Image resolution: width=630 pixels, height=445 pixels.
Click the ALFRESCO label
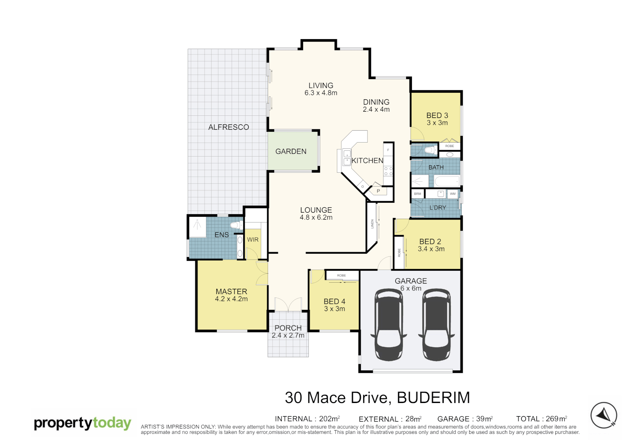tap(228, 127)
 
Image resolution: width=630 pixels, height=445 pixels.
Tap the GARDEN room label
tap(291, 152)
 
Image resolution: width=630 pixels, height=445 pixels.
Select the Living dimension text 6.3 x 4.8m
tap(321, 93)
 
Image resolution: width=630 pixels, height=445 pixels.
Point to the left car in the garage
tap(388, 324)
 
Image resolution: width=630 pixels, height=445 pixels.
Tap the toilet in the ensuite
tap(236, 225)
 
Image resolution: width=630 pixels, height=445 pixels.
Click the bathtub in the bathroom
tap(447, 181)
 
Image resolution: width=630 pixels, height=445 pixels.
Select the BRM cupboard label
tap(418, 194)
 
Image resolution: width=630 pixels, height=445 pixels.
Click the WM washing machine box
tap(453, 194)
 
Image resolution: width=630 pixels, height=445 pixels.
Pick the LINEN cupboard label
tap(372, 224)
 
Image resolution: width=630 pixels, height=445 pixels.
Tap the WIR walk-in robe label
tap(253, 240)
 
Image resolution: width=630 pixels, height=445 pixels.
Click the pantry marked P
tap(378, 191)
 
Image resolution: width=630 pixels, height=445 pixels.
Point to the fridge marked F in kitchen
tap(388, 150)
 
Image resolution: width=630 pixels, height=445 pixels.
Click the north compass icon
tap(604, 415)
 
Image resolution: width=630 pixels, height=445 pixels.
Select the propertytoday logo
tap(82, 423)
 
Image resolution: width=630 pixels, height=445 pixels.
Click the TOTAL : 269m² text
tap(541, 419)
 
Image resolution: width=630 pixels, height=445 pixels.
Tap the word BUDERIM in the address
tap(433, 398)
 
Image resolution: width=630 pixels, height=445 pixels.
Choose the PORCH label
tap(288, 328)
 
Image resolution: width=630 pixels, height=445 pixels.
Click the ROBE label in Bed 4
tap(341, 275)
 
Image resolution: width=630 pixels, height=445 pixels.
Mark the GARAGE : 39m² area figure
tap(465, 419)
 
